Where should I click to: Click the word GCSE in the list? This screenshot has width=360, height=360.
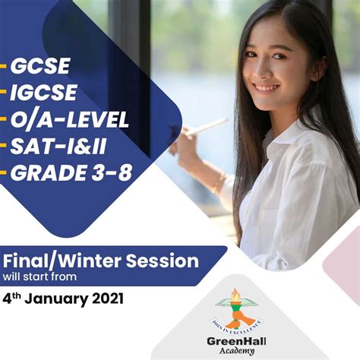point(39,66)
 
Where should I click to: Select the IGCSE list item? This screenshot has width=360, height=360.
point(43,93)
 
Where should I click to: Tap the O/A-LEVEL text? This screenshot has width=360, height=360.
point(69,120)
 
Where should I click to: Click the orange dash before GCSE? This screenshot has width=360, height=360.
point(4,67)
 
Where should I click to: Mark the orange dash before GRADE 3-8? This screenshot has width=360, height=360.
point(4,173)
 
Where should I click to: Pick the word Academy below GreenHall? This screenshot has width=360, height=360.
point(239,350)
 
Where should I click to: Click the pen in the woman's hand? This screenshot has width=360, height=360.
point(206,127)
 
